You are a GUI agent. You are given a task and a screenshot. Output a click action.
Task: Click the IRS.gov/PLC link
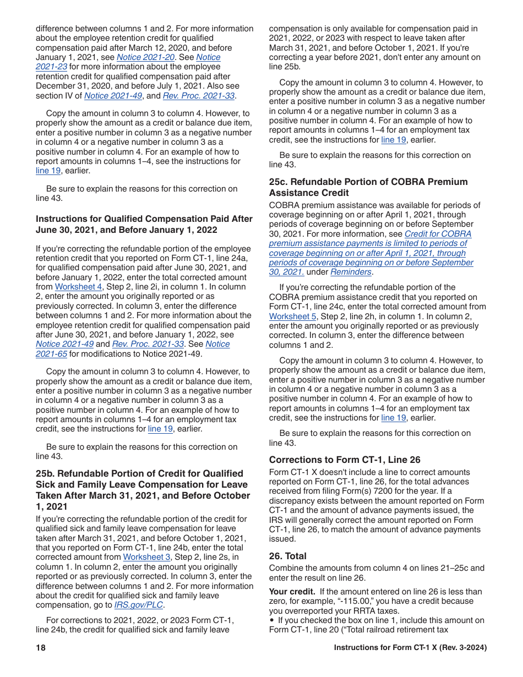pos(139,605)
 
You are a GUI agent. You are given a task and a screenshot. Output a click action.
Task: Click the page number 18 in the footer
pos(41,648)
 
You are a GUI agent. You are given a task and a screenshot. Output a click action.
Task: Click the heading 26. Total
pos(288,556)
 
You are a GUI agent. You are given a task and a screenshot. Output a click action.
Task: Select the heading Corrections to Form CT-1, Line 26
pos(345,460)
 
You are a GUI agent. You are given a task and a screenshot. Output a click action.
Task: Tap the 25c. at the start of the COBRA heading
pos(279,182)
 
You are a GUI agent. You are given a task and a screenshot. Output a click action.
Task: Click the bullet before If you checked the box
pos(272,620)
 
